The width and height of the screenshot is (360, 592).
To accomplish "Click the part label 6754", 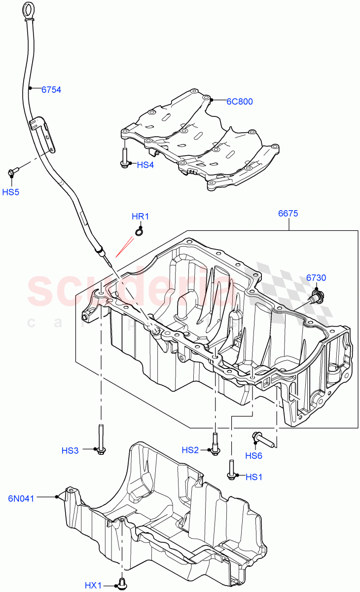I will tap(51, 90).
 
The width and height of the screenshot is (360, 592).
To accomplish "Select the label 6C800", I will tap(240, 102).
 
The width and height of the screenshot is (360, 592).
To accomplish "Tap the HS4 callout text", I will tap(145, 165).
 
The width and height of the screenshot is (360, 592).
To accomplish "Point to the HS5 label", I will tap(10, 192).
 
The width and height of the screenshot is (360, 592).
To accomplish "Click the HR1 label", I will tap(140, 216).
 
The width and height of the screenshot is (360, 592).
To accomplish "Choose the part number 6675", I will tap(288, 214).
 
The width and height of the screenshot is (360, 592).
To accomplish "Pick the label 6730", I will tap(316, 278).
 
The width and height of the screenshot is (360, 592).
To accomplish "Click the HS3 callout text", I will tap(70, 450).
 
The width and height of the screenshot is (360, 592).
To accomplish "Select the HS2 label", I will tap(190, 450).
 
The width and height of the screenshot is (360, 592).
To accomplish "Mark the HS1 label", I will tap(254, 477).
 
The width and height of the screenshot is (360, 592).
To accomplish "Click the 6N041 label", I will tap(21, 498).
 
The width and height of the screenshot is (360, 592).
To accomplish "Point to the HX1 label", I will tap(93, 585).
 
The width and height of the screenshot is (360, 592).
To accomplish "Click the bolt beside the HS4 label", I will tap(123, 157).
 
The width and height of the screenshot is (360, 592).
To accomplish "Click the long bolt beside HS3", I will tap(101, 439).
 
